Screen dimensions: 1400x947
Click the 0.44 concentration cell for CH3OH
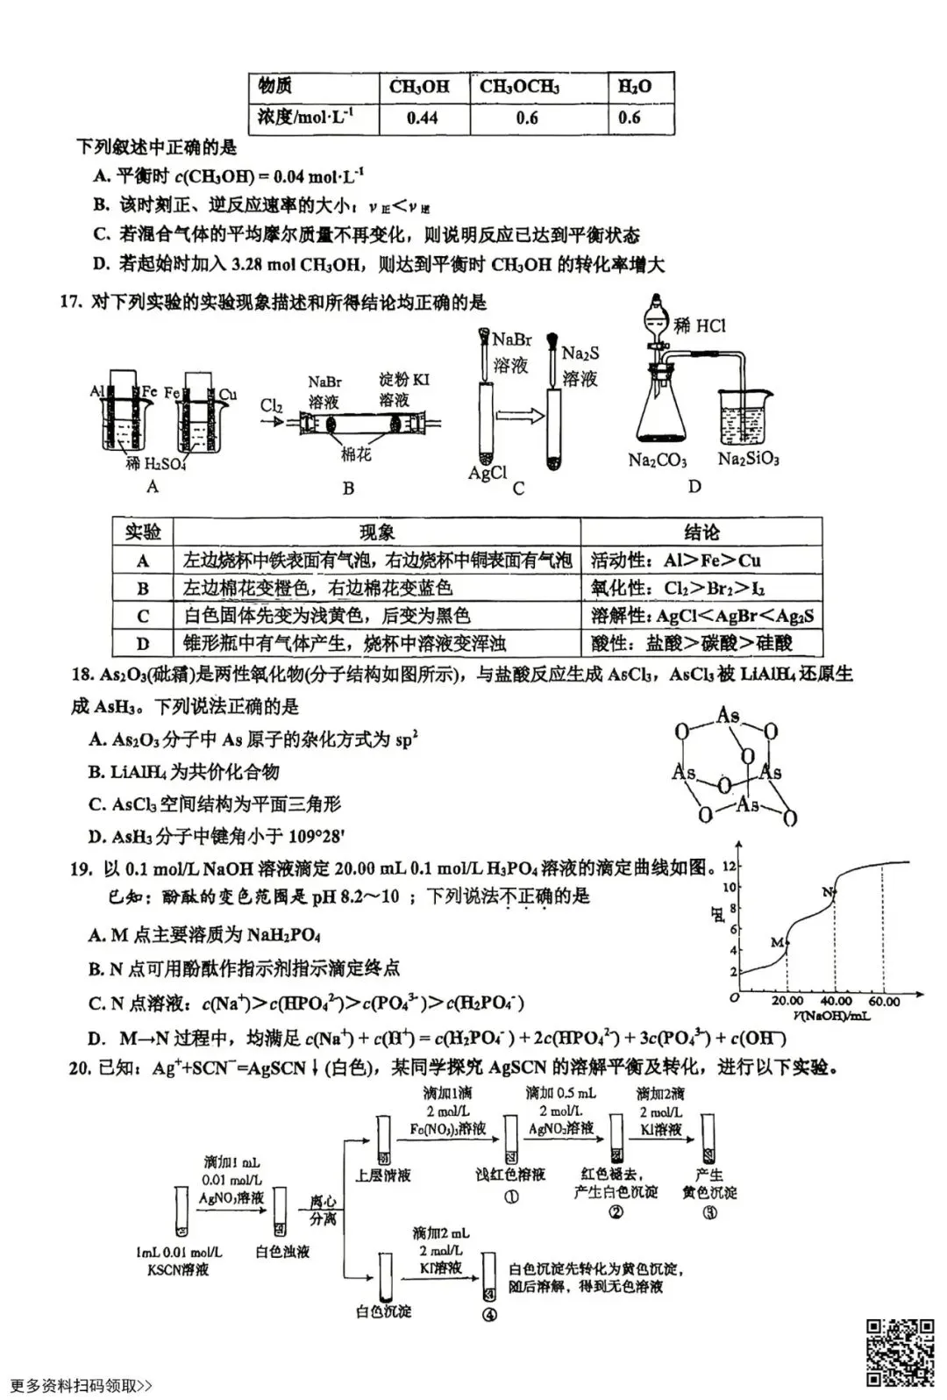pyautogui.click(x=423, y=118)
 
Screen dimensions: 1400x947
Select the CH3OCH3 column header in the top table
pyautogui.click(x=519, y=86)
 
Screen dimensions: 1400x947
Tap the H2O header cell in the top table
pyautogui.click(x=634, y=86)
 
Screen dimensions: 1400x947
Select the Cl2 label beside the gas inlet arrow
pyautogui.click(x=272, y=405)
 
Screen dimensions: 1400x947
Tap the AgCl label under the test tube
pyautogui.click(x=487, y=474)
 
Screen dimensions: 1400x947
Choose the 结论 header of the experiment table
pyautogui.click(x=701, y=532)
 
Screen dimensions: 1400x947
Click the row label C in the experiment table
pyautogui.click(x=143, y=616)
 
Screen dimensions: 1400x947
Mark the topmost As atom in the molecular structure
pyautogui.click(x=728, y=716)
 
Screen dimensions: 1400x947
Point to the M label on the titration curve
pyautogui.click(x=776, y=942)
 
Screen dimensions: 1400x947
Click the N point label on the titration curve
pyautogui.click(x=828, y=892)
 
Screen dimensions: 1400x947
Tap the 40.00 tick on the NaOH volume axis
pyautogui.click(x=836, y=1001)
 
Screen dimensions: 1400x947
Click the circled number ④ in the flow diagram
pyautogui.click(x=489, y=1314)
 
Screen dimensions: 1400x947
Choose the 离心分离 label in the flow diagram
pyautogui.click(x=323, y=1211)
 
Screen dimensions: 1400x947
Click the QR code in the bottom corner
pyautogui.click(x=901, y=1352)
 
